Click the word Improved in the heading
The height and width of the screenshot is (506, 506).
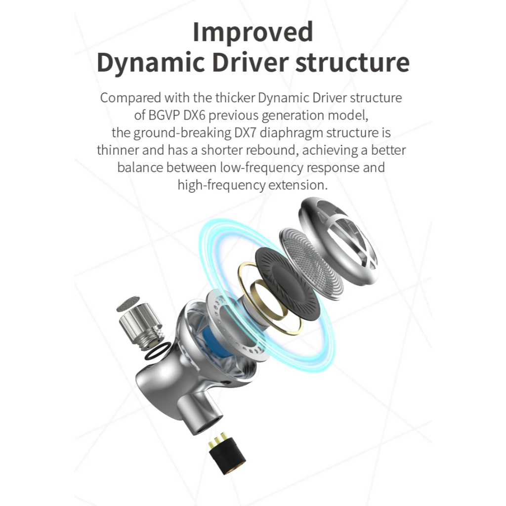click(253, 33)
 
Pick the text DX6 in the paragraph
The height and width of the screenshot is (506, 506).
click(194, 115)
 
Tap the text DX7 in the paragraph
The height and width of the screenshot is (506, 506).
click(245, 132)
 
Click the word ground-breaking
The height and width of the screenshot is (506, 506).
click(182, 133)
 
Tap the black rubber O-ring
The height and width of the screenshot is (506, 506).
click(157, 351)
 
